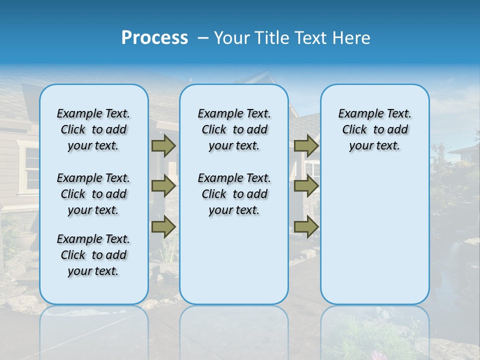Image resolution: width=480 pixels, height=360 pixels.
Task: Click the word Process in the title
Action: [x=154, y=38]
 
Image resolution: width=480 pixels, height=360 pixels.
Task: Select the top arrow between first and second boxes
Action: [x=163, y=146]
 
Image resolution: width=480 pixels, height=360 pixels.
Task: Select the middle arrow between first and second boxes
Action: [x=163, y=186]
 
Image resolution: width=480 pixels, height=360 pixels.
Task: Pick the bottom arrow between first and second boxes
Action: [x=163, y=227]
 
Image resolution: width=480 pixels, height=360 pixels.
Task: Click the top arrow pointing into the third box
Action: [x=306, y=146]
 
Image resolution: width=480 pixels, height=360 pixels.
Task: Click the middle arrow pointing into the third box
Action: [x=306, y=186]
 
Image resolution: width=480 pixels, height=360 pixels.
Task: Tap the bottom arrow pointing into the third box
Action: [x=306, y=227]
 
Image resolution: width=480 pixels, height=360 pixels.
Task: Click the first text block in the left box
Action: [x=93, y=129]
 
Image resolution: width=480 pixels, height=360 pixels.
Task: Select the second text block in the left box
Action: [x=93, y=194]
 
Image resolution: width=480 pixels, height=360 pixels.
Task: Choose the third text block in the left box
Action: [x=93, y=255]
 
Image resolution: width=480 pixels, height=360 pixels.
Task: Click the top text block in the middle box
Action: [x=234, y=129]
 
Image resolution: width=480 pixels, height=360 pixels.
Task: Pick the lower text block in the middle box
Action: [x=234, y=194]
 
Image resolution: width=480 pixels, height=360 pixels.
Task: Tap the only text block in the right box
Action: [x=374, y=129]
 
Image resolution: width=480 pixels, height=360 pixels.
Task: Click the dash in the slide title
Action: [x=203, y=38]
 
